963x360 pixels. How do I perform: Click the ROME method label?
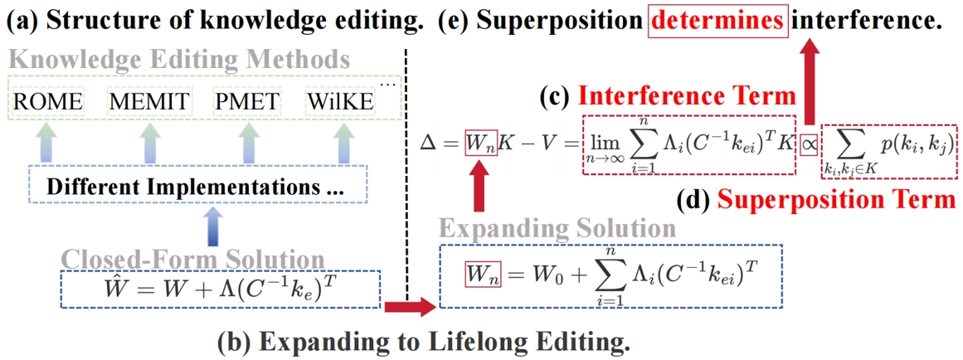(x=48, y=102)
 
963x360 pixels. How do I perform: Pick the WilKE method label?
(x=339, y=102)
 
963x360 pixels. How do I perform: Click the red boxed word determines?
(x=717, y=20)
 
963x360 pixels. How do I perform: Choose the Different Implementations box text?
(x=194, y=187)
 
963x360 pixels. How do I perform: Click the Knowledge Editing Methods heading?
(x=178, y=60)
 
